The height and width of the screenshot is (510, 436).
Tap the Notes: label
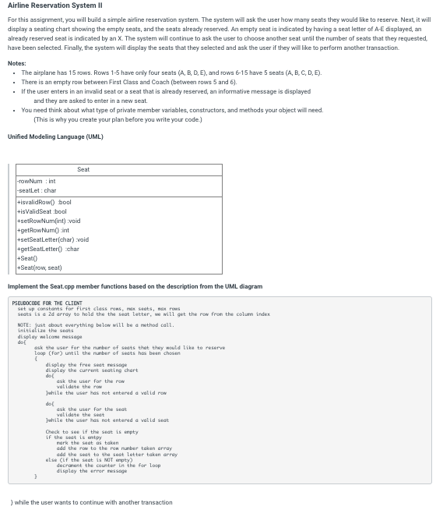pos(16,63)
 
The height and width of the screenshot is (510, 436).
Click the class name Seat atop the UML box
pos(83,169)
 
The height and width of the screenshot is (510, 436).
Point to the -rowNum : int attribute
pos(36,181)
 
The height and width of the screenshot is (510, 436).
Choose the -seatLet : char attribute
pos(37,190)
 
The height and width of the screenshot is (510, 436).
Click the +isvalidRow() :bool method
pos(44,202)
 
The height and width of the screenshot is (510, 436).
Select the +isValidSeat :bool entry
pos(42,211)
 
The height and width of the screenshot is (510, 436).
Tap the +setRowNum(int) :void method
pos(48,221)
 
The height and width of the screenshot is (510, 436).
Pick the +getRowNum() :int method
pos(44,230)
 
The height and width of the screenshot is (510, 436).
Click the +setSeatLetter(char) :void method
pos(53,239)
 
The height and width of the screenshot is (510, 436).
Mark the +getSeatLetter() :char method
pos(48,249)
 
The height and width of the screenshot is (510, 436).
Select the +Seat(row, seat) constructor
pos(39,267)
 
